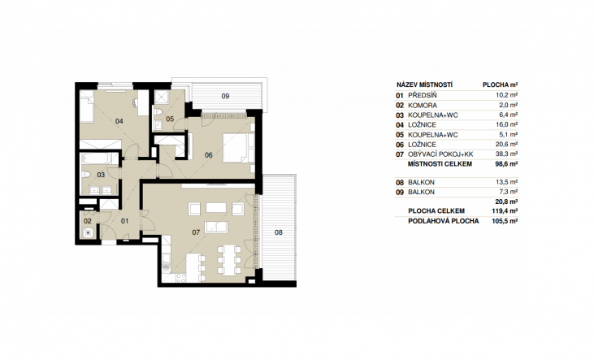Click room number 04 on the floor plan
click(x=119, y=121)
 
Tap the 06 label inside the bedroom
click(x=208, y=155)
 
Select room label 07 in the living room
click(x=196, y=232)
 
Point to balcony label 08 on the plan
click(x=279, y=232)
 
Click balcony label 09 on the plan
click(x=225, y=96)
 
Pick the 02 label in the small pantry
click(x=88, y=221)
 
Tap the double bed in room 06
click(x=239, y=148)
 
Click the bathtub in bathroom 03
click(x=95, y=158)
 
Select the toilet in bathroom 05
click(x=158, y=111)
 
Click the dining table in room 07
click(x=229, y=260)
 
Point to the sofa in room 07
click(x=216, y=227)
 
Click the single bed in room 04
click(x=87, y=106)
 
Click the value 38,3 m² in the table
click(x=507, y=154)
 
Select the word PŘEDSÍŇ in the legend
click(x=423, y=96)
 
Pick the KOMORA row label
click(x=423, y=106)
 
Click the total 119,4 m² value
click(x=505, y=211)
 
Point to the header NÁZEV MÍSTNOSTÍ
click(x=425, y=85)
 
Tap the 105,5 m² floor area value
click(x=505, y=221)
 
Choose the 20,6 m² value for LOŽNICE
click(x=507, y=145)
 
